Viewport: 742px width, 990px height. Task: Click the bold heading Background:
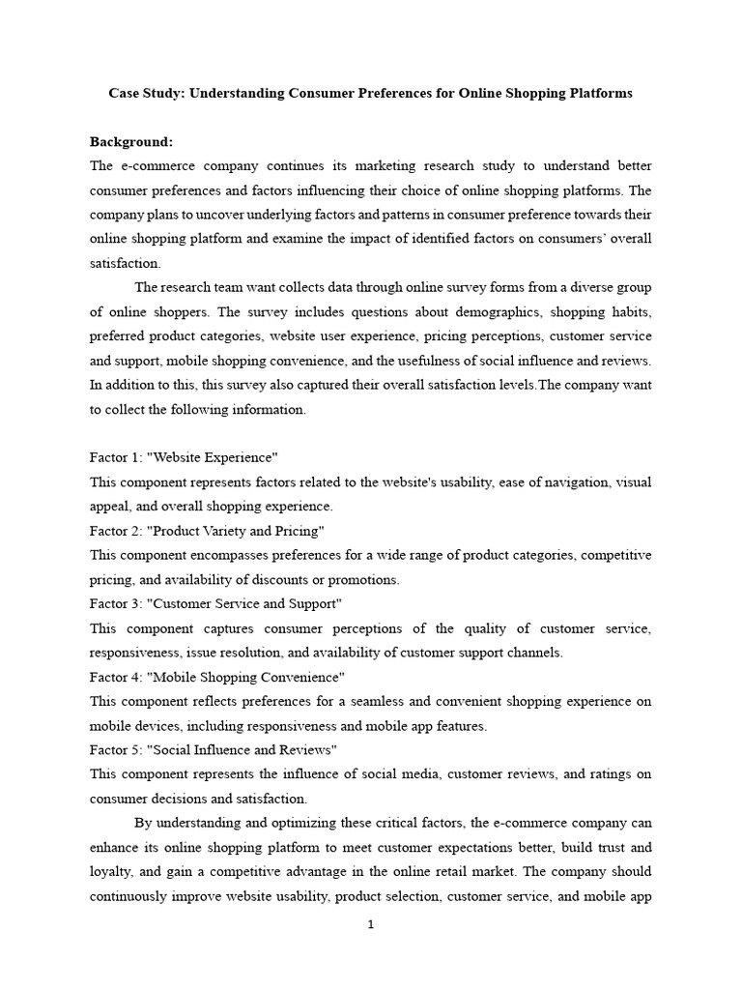pos(130,141)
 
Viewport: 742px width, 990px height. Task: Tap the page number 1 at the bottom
pos(370,924)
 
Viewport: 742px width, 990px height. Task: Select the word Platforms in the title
pos(600,94)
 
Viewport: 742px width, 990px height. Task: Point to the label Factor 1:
pos(116,455)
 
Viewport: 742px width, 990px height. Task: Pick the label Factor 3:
pos(116,603)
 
